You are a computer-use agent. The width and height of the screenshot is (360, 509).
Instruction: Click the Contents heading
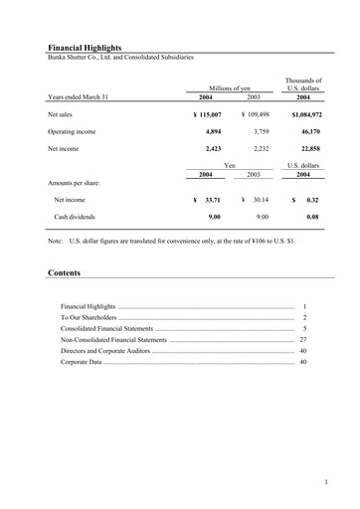click(x=64, y=272)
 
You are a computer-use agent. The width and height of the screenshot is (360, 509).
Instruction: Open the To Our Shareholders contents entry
click(x=89, y=316)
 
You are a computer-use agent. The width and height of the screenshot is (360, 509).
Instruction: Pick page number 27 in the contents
click(x=303, y=339)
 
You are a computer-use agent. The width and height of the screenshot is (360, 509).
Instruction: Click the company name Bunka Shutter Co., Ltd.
click(x=90, y=57)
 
